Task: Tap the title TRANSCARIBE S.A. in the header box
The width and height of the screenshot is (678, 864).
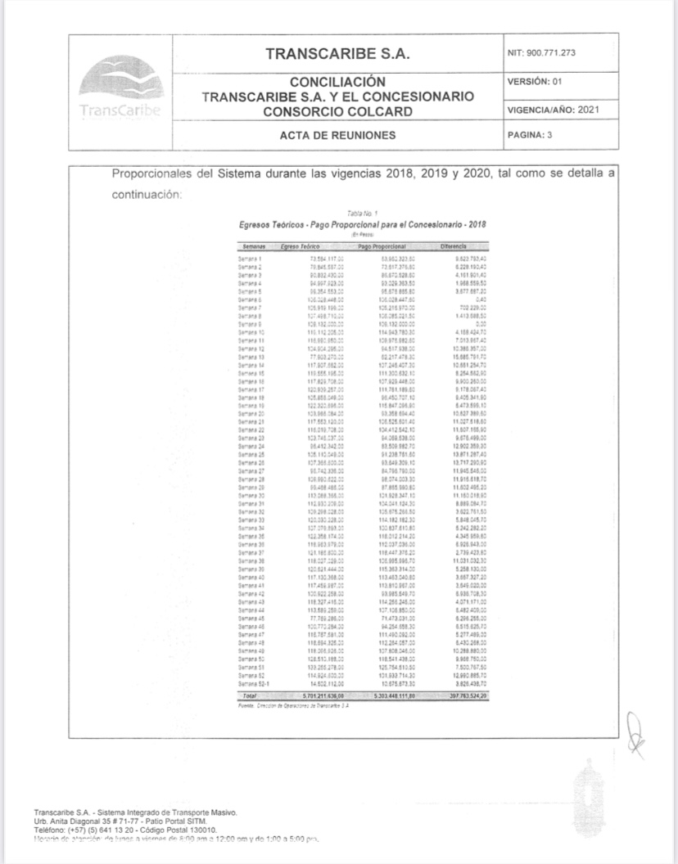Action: [x=338, y=54]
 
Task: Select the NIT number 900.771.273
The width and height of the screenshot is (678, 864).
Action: [x=542, y=53]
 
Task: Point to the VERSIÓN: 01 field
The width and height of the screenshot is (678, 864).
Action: [x=536, y=82]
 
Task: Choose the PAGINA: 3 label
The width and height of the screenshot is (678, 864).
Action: [x=531, y=135]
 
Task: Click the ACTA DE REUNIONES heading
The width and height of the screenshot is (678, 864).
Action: [x=338, y=135]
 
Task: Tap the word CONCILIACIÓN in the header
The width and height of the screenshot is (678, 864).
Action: [x=338, y=82]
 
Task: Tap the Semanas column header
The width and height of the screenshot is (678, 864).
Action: [x=251, y=245]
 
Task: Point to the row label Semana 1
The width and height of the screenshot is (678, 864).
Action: [x=249, y=259]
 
